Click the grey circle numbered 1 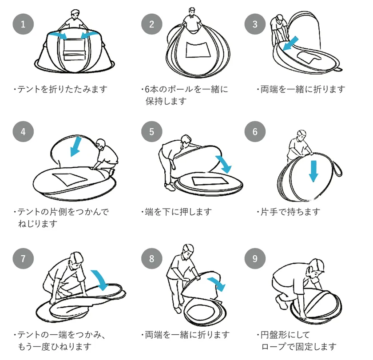pos(23,24)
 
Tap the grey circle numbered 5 pos(151,131)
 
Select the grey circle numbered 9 pos(255,258)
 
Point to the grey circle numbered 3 pos(255,24)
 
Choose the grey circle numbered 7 pos(23,258)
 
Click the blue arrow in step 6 pos(313,171)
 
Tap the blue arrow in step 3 pos(290,43)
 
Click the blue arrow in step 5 pos(224,164)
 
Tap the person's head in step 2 pos(192,12)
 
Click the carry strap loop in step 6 pos(338,168)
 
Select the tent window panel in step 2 pos(198,50)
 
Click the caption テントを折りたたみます pos(60,89)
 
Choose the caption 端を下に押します pos(176,212)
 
